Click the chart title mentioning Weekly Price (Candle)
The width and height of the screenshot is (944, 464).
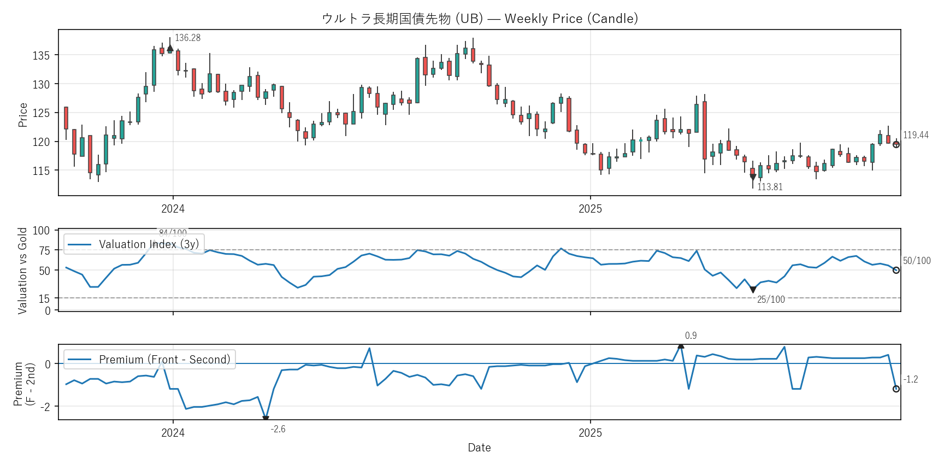coord(480,19)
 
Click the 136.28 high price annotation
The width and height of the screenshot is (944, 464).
coord(187,38)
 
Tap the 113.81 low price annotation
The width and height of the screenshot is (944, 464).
coord(770,187)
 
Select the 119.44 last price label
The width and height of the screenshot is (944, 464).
coord(916,135)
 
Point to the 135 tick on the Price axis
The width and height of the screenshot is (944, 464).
coord(41,55)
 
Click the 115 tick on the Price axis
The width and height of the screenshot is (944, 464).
coord(41,171)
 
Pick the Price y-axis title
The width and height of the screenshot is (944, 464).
coord(22,115)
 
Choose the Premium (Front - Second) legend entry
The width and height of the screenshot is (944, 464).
coord(164,360)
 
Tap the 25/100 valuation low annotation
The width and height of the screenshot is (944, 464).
coord(771,299)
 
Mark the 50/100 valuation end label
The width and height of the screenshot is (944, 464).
coord(917,261)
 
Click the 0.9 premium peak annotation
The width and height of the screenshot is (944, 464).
coord(691,336)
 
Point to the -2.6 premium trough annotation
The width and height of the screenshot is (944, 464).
coord(278,429)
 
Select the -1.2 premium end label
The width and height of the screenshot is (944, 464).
coord(911,379)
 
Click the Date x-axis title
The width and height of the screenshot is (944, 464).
coord(479,448)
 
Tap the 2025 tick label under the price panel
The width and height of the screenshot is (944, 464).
coord(590,209)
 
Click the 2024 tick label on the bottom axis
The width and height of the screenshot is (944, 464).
coord(173,433)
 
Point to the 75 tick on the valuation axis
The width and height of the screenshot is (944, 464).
coord(44,250)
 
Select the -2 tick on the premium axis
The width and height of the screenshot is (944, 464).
coord(47,407)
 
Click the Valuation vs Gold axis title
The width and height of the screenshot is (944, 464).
coord(22,271)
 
